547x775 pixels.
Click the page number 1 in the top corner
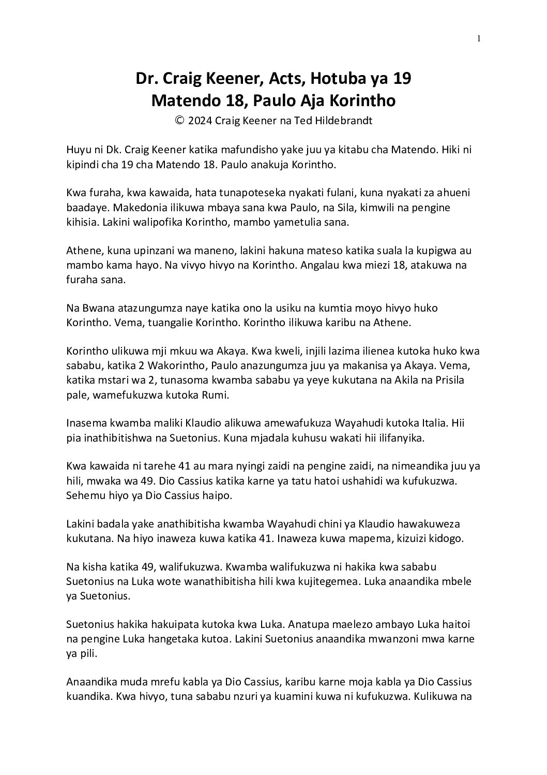[x=479, y=38]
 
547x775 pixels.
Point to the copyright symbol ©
[x=180, y=121]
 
